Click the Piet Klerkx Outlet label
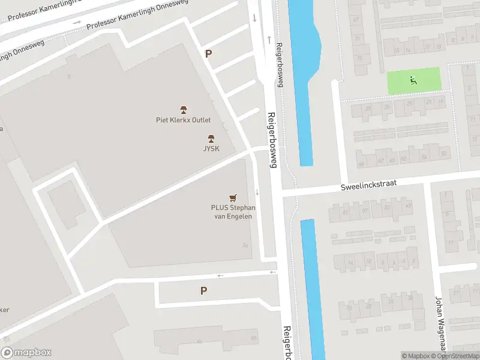(183, 120)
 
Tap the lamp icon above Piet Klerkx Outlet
(184, 110)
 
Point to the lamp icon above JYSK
(211, 138)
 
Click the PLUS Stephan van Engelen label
(233, 212)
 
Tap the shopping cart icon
(233, 197)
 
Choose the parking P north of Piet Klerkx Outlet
(208, 53)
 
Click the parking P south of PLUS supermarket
(203, 290)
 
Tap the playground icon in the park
(413, 80)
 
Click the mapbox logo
(26, 353)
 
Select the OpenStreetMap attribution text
(453, 356)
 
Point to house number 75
(359, 58)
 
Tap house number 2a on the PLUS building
(245, 245)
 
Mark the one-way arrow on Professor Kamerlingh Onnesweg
(77, 23)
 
